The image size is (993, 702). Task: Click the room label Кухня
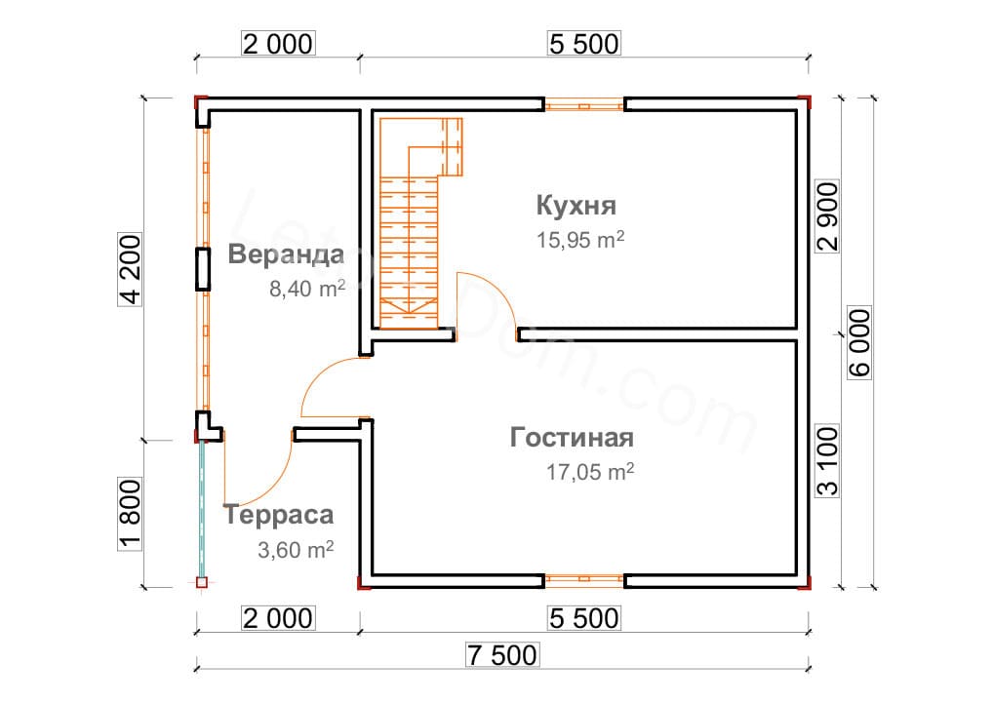pos(576,206)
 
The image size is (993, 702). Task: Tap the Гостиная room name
pos(572,438)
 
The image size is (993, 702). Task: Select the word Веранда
pos(286,253)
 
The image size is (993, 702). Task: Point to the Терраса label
pos(279,515)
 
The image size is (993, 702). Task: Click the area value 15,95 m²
pos(580,239)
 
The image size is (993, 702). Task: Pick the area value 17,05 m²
pos(590,472)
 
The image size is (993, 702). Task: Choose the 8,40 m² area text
pos(307,288)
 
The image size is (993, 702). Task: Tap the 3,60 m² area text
pos(296,550)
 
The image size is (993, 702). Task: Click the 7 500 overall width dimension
pos(502,654)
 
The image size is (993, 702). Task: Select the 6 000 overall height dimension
pos(859,343)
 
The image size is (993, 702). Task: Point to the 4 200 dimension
pos(131,269)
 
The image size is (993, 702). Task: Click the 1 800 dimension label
pos(131,515)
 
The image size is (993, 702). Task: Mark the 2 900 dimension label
pos(827,216)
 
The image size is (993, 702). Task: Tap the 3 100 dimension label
pos(827,461)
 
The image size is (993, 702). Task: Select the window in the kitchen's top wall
pos(584,104)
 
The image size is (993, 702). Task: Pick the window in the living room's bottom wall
pos(584,580)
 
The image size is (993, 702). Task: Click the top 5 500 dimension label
pos(584,44)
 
